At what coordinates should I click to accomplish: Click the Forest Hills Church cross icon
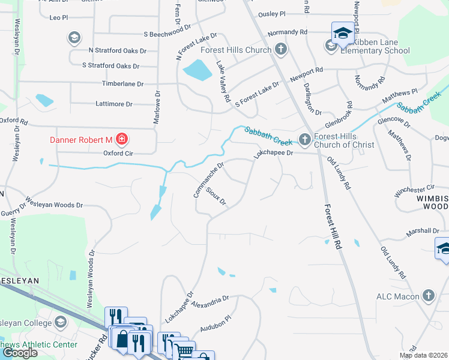(280, 49)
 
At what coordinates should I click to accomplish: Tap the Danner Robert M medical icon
(122, 140)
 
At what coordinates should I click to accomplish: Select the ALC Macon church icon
(428, 296)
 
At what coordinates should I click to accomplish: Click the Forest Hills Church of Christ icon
(305, 139)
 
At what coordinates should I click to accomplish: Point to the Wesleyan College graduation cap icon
(60, 323)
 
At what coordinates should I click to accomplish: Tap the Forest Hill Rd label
(334, 227)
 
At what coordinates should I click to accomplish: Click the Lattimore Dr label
(114, 104)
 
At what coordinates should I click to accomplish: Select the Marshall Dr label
(423, 230)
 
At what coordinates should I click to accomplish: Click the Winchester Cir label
(414, 191)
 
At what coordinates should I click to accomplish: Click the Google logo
(19, 352)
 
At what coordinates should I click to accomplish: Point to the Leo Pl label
(59, 18)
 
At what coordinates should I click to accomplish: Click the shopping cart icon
(185, 350)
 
